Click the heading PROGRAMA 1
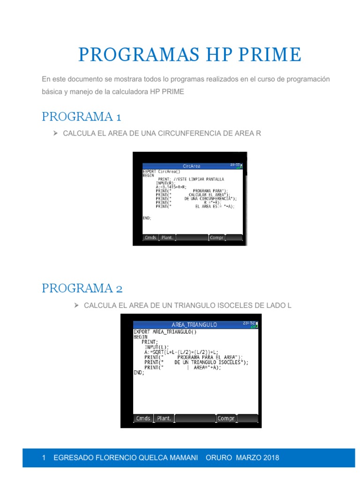82,116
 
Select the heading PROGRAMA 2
82,288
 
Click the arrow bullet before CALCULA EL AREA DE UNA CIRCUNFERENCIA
55,134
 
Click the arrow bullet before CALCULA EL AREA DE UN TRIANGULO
76,306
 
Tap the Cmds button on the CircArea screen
150,238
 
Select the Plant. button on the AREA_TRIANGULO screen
164,418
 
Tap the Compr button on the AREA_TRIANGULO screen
226,418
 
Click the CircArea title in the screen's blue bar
192,165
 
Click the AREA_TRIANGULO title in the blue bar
194,324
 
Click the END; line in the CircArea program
147,218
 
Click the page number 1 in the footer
44,457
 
